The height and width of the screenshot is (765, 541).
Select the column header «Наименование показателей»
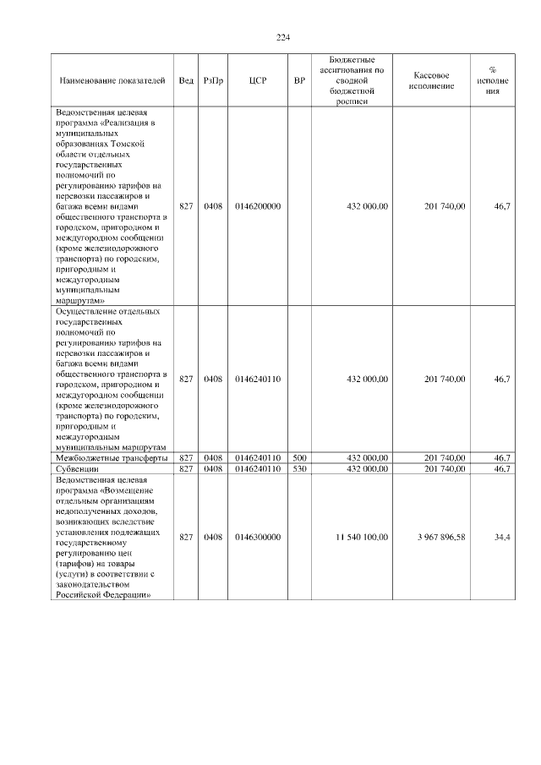(x=112, y=80)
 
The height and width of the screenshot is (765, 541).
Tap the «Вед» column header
(x=186, y=80)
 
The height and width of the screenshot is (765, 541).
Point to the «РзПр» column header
(x=213, y=80)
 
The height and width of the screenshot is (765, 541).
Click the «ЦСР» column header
(x=258, y=80)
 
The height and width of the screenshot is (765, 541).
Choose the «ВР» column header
(x=299, y=80)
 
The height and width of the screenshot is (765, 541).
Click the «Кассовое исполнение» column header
(x=436, y=80)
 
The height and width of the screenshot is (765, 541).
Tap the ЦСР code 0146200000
(x=258, y=205)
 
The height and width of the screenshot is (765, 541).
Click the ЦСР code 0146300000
(x=258, y=537)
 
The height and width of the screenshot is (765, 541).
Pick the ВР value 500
(x=299, y=457)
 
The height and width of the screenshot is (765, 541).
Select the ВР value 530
(x=299, y=467)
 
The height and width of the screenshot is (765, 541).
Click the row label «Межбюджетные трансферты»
(x=111, y=457)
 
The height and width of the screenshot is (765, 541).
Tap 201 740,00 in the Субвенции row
(x=445, y=467)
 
